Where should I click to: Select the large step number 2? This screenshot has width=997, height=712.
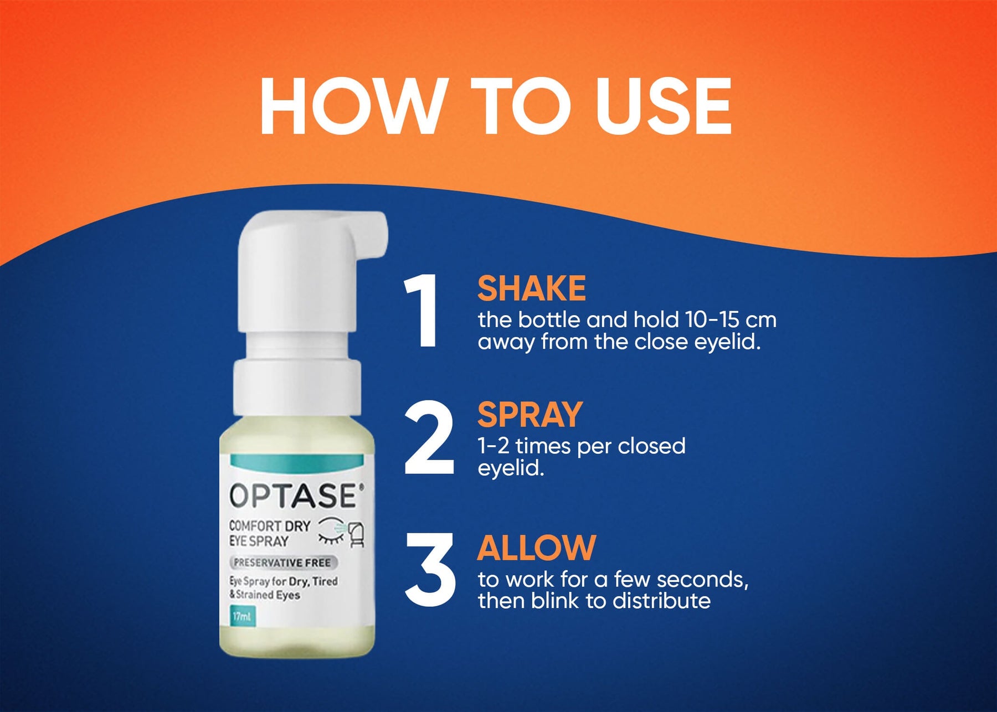(429, 439)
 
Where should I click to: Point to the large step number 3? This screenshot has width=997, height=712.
(430, 569)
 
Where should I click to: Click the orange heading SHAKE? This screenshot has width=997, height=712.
(532, 288)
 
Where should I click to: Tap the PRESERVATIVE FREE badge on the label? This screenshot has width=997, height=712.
(282, 563)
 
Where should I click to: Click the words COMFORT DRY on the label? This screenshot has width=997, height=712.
(270, 525)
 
